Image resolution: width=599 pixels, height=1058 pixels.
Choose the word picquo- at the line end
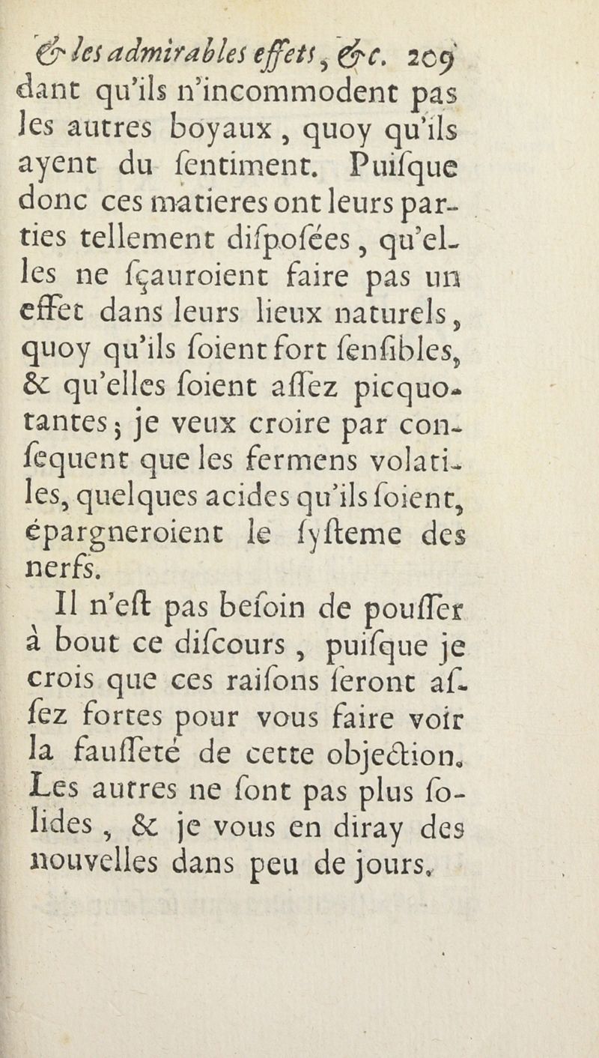(x=511, y=434)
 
